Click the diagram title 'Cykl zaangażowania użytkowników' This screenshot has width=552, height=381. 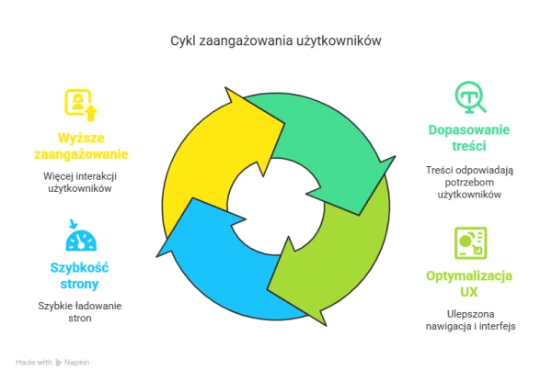276,41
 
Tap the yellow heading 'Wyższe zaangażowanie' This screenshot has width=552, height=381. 81,146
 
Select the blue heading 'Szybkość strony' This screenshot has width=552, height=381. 79,275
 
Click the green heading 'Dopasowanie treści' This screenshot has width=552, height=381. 469,138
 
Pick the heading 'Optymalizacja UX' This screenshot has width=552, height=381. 469,284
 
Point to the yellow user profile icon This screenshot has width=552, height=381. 81,105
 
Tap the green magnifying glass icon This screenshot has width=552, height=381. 470,97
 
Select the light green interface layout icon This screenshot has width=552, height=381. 471,243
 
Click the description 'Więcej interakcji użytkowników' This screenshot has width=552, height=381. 80,183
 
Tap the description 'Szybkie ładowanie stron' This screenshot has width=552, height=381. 80,312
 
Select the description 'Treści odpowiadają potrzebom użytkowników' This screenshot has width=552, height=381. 469,183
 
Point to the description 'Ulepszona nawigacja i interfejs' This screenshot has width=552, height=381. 471,319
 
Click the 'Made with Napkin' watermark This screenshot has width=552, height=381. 52,363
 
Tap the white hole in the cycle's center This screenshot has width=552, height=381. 275,207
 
